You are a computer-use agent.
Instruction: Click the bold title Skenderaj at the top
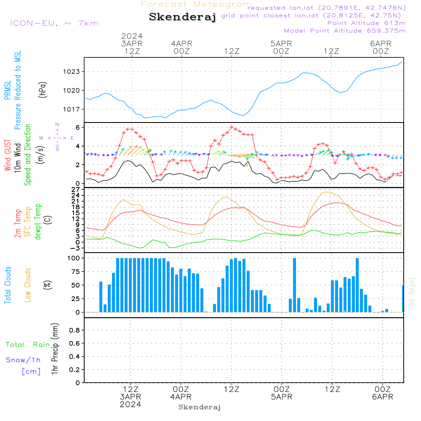pyautogui.click(x=182, y=17)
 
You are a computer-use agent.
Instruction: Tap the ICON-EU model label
pyautogui.click(x=54, y=23)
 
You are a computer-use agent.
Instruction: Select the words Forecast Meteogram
pyautogui.click(x=196, y=4)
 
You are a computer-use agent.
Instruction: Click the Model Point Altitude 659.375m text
pyautogui.click(x=344, y=31)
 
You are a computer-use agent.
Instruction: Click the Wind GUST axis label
pyautogui.click(x=8, y=156)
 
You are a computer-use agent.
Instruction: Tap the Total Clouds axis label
pyautogui.click(x=8, y=285)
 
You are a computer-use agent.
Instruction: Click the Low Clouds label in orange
pyautogui.click(x=28, y=285)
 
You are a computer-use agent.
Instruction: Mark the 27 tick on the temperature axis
pyautogui.click(x=77, y=189)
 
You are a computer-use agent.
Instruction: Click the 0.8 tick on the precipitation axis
pyautogui.click(x=75, y=330)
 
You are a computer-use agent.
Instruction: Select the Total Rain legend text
pyautogui.click(x=28, y=345)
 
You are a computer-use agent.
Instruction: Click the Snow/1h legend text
pyautogui.click(x=24, y=360)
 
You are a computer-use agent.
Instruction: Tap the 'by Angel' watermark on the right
pyautogui.click(x=412, y=292)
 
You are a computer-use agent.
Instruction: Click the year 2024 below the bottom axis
pyautogui.click(x=130, y=404)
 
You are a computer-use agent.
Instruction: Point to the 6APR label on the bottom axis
pyautogui.click(x=382, y=397)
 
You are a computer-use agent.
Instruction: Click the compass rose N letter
pyautogui.click(x=57, y=125)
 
